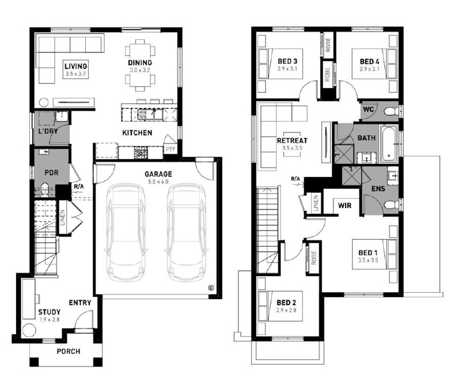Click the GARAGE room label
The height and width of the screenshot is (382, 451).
pos(158,174)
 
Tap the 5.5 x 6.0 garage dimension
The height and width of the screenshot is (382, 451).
pos(158,181)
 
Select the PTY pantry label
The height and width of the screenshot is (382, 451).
pos(170,149)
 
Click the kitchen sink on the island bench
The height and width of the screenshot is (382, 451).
pos(147,114)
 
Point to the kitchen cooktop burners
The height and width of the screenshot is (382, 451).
pos(141,153)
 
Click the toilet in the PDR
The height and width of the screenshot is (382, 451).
pos(45,190)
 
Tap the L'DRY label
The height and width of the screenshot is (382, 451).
pos(48,131)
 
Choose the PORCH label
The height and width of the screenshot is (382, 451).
pos(69,351)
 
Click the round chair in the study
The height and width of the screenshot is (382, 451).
pos(29,330)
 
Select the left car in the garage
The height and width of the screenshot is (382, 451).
pos(126,233)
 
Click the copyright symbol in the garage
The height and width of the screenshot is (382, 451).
pos(211,288)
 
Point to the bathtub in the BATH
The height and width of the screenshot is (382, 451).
pos(389,143)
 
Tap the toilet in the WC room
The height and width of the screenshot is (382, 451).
pos(392,111)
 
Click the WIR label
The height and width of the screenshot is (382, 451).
pos(344,205)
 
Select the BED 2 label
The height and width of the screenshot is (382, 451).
pos(286,302)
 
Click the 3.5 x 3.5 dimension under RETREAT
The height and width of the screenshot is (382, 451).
pos(292,148)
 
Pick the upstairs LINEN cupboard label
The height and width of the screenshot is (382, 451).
pos(316,203)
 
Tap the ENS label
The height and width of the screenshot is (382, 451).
pos(378,189)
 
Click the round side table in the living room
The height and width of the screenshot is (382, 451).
pos(44,103)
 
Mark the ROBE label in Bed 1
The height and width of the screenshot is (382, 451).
pos(313,258)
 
